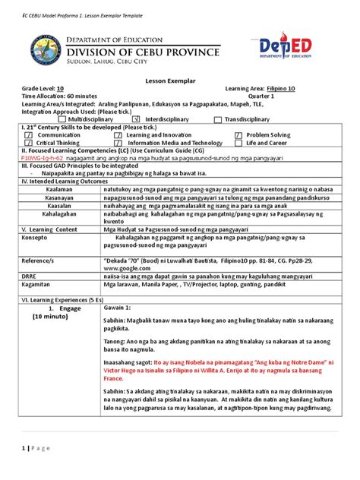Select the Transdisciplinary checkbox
(218, 119)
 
